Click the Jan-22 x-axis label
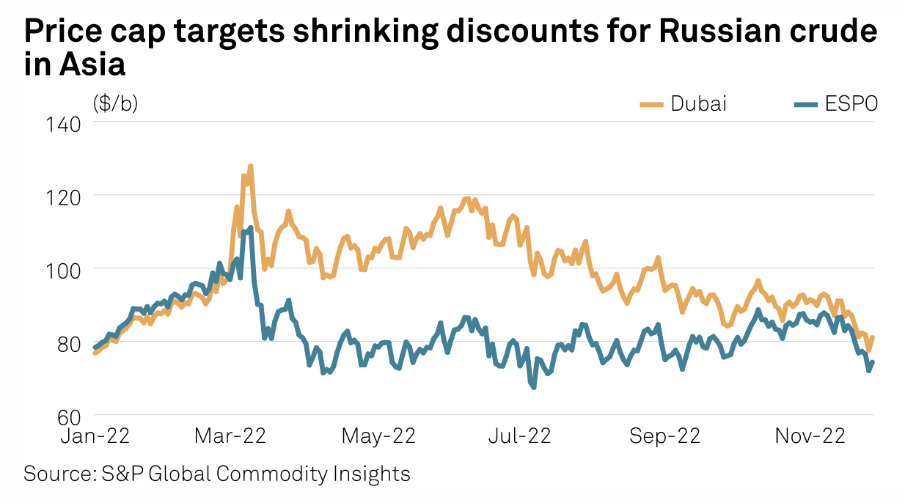95,436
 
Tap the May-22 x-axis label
378,436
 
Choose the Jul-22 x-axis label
519,436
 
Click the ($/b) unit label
115,103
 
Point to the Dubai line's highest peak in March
250,166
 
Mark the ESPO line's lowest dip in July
533,387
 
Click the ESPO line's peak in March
250,228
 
